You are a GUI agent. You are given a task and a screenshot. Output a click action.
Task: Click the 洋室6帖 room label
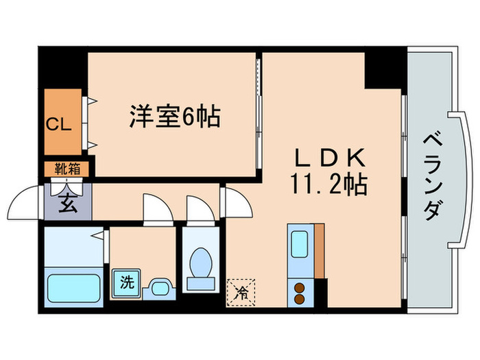(175, 117)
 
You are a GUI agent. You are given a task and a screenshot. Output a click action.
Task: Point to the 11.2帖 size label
(329, 183)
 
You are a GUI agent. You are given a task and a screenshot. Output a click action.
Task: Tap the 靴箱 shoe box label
(67, 169)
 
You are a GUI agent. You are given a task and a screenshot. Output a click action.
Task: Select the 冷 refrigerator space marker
(241, 292)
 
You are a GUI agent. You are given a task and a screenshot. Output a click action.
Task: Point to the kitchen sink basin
(300, 244)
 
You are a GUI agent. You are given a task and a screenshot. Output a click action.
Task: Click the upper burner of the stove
(300, 287)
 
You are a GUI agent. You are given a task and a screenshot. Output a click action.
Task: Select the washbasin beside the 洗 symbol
(158, 287)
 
